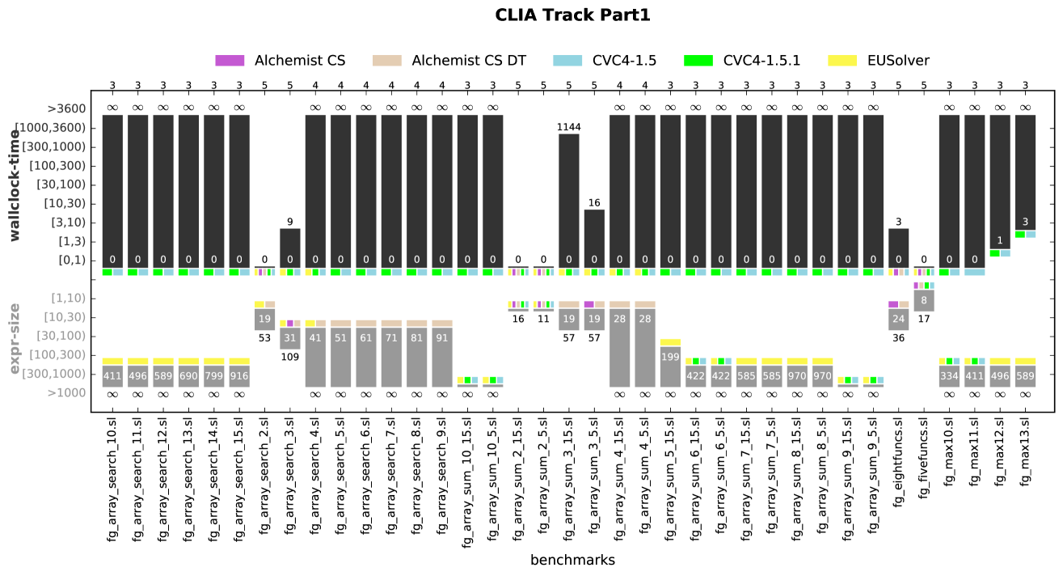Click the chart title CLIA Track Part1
(572, 15)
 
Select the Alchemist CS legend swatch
(230, 61)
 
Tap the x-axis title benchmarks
(572, 560)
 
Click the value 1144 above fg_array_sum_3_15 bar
(568, 126)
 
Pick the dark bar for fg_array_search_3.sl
(290, 247)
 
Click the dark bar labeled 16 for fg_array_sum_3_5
(594, 237)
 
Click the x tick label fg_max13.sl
(1025, 450)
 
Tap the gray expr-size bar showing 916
(239, 376)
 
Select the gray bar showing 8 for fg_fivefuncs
(924, 300)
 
